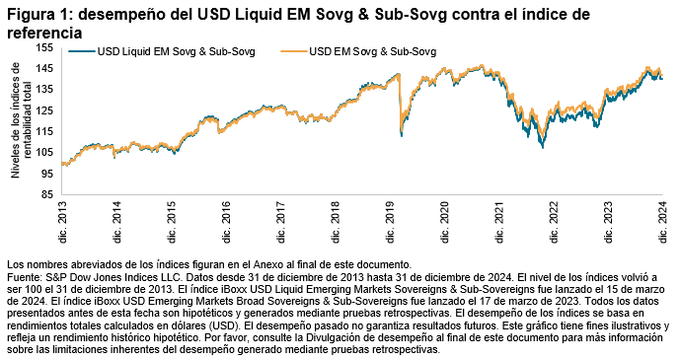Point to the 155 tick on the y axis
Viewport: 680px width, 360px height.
coord(45,47)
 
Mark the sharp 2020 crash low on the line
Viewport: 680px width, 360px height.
coord(400,135)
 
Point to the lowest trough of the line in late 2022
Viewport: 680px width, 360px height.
coord(541,147)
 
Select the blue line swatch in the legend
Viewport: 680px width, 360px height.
coord(83,49)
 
